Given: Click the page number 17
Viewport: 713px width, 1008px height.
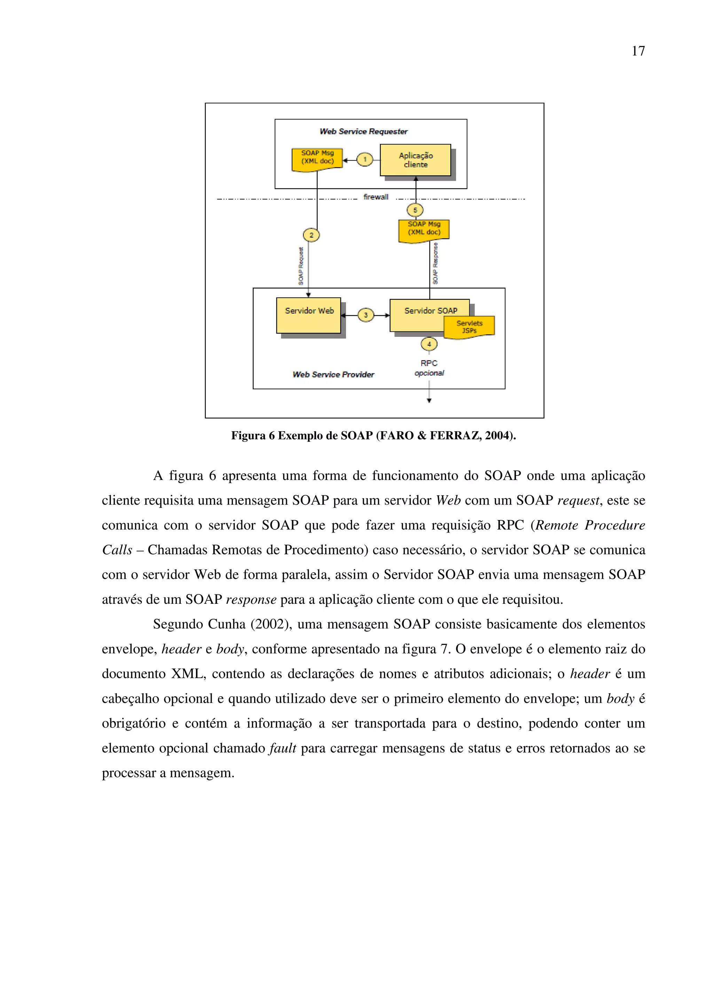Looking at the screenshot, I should pos(638,51).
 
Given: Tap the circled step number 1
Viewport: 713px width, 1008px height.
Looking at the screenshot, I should pos(365,159).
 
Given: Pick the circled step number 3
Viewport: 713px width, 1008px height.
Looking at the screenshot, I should pos(366,315).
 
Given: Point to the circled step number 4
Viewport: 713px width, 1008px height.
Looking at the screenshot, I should pos(429,344).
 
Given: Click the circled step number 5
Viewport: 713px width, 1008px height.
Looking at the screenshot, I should pos(415,210).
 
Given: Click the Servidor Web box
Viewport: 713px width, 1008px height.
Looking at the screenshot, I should pos(308,315).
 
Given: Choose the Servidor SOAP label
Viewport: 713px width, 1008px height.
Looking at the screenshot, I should pos(431,310).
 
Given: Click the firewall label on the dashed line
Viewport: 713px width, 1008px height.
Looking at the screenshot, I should pos(376,197).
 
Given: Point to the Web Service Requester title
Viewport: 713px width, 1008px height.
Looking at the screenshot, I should pos(363,131).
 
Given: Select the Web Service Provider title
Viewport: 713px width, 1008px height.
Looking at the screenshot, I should pos(333,375).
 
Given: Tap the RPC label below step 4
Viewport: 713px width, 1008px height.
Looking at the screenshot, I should pos(429,363).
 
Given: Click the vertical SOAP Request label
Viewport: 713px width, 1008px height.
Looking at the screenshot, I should pos(301,266).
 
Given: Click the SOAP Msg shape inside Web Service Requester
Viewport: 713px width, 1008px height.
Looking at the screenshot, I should pos(317,159).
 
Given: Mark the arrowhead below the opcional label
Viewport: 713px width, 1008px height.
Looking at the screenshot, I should pos(429,400).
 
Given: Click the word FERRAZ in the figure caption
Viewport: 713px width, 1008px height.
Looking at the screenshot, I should pos(455,435).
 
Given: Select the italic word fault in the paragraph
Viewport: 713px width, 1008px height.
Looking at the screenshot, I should pos(282,748).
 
